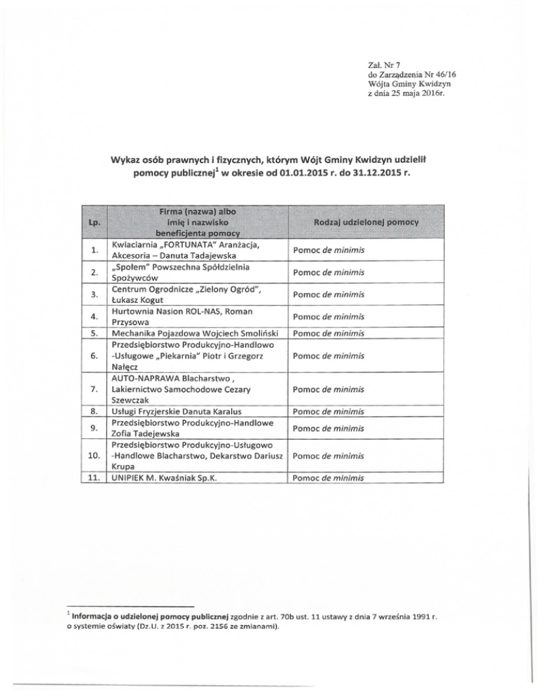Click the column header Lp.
tap(92, 222)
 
